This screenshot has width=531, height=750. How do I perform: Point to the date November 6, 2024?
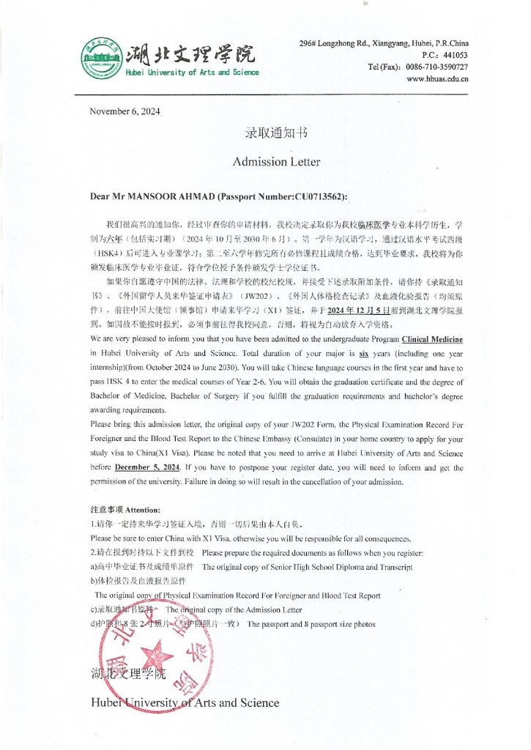click(x=125, y=111)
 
